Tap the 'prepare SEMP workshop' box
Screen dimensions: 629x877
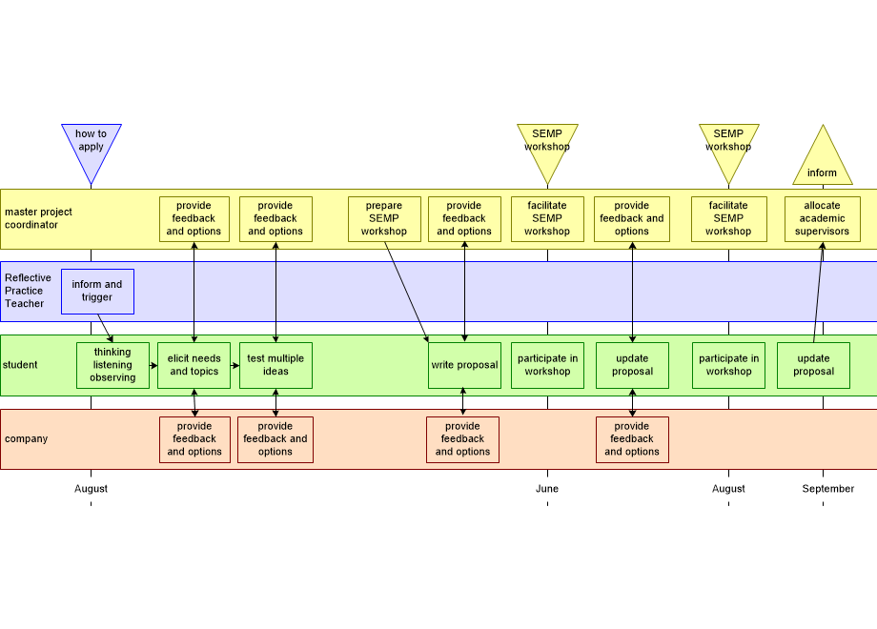point(384,219)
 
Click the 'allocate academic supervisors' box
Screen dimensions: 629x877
point(822,219)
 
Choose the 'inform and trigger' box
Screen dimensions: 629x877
point(97,292)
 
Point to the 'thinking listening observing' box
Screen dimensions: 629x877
point(112,365)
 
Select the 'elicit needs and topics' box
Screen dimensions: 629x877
point(194,365)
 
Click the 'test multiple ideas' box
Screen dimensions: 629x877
point(275,365)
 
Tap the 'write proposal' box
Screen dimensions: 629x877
point(464,365)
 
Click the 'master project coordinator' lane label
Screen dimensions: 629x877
point(38,218)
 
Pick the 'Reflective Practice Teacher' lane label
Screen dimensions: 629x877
point(29,291)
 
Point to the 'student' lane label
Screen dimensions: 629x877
point(20,365)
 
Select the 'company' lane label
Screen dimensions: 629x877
point(26,439)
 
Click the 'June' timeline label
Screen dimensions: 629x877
point(547,489)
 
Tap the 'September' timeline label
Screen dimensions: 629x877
point(827,489)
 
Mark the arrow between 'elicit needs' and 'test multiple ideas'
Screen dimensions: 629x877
point(235,365)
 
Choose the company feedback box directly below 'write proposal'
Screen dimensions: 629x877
point(462,439)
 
